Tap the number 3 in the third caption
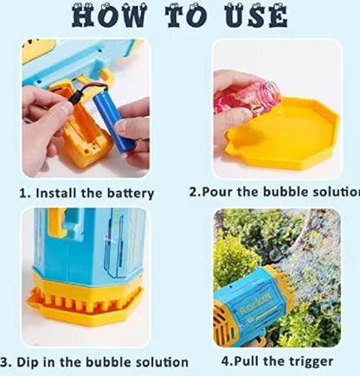5,360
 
